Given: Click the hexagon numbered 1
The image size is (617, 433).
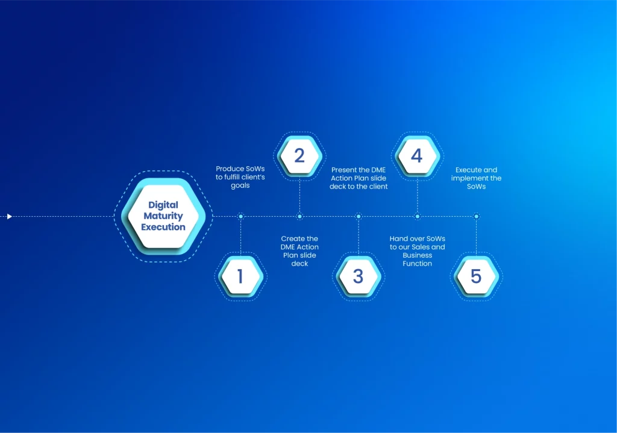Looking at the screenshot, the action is (240, 276).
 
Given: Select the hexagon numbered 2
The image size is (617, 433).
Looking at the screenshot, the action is (299, 156).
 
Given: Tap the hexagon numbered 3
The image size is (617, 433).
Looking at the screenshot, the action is (358, 276).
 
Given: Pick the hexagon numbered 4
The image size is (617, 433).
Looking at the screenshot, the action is (417, 156).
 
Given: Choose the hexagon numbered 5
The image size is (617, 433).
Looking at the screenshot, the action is (476, 276).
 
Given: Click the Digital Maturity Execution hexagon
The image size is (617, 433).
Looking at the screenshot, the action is (163, 216).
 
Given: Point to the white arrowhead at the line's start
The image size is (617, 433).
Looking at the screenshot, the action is (10, 216).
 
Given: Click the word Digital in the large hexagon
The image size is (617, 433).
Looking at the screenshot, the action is (163, 205).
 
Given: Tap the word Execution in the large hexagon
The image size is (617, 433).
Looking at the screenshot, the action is (163, 227).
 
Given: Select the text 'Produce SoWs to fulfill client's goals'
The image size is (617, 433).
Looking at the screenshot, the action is (240, 177).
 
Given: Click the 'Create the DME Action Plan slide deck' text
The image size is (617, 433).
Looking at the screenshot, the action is (299, 251).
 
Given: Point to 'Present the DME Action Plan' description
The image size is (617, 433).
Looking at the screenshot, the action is (359, 178).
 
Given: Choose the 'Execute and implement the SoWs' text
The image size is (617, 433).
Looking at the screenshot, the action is (476, 178).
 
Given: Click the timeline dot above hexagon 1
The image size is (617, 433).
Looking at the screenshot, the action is (241, 216).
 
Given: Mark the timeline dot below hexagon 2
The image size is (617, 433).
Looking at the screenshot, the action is (299, 216).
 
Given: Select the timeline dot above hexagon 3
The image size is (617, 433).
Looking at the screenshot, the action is (359, 216).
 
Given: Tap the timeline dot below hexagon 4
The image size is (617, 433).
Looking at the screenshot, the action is (418, 216).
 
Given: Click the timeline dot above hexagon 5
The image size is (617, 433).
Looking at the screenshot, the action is (477, 216).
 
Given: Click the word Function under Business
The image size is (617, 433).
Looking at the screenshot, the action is (417, 264).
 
